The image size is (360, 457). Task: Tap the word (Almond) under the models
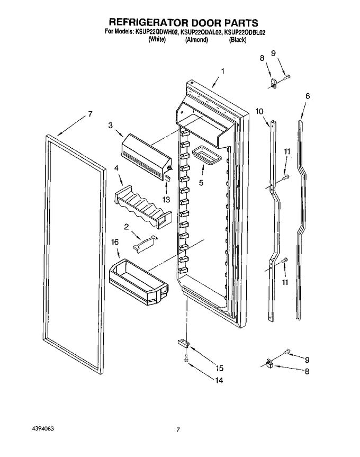(x=196, y=39)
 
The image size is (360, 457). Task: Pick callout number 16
(x=114, y=241)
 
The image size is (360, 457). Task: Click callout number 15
(x=219, y=368)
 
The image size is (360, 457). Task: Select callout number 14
(x=219, y=380)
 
